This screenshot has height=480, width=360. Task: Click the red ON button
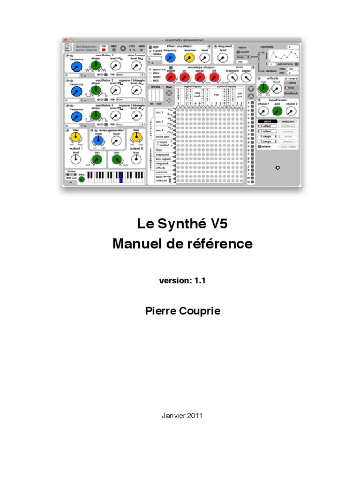pyautogui.click(x=104, y=49)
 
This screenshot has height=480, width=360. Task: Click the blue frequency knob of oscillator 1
pyautogui.click(x=76, y=67)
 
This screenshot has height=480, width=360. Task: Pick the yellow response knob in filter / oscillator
pyautogui.click(x=189, y=58)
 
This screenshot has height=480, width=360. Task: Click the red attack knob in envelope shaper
pyautogui.click(x=171, y=77)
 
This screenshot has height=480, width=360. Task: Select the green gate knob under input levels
pyautogui.click(x=277, y=111)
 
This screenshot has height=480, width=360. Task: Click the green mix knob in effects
pyautogui.click(x=262, y=88)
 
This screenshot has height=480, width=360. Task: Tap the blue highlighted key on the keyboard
pyautogui.click(x=120, y=177)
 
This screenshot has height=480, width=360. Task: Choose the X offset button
pyautogui.click(x=267, y=126)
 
